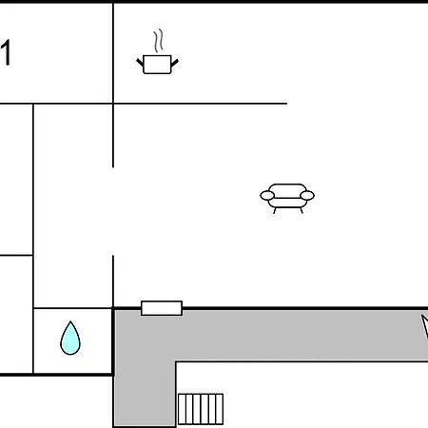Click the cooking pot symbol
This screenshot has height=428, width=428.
157,65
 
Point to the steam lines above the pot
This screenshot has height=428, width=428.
159,41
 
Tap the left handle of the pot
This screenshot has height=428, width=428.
140,62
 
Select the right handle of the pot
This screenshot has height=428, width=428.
175,63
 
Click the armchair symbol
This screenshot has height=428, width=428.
287,198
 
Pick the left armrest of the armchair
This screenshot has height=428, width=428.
267,195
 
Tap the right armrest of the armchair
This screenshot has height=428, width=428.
307,195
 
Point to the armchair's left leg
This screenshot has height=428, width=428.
275,210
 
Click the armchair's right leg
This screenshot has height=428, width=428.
302,210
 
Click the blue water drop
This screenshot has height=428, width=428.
70,338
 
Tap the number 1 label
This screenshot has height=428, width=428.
7,52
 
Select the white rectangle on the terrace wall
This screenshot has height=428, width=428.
162,308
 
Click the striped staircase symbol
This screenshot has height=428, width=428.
201,409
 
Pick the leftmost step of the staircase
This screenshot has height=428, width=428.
182,409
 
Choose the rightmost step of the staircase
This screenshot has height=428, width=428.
220,409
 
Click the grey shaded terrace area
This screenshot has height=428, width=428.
269,336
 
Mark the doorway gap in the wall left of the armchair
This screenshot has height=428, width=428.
113,211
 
